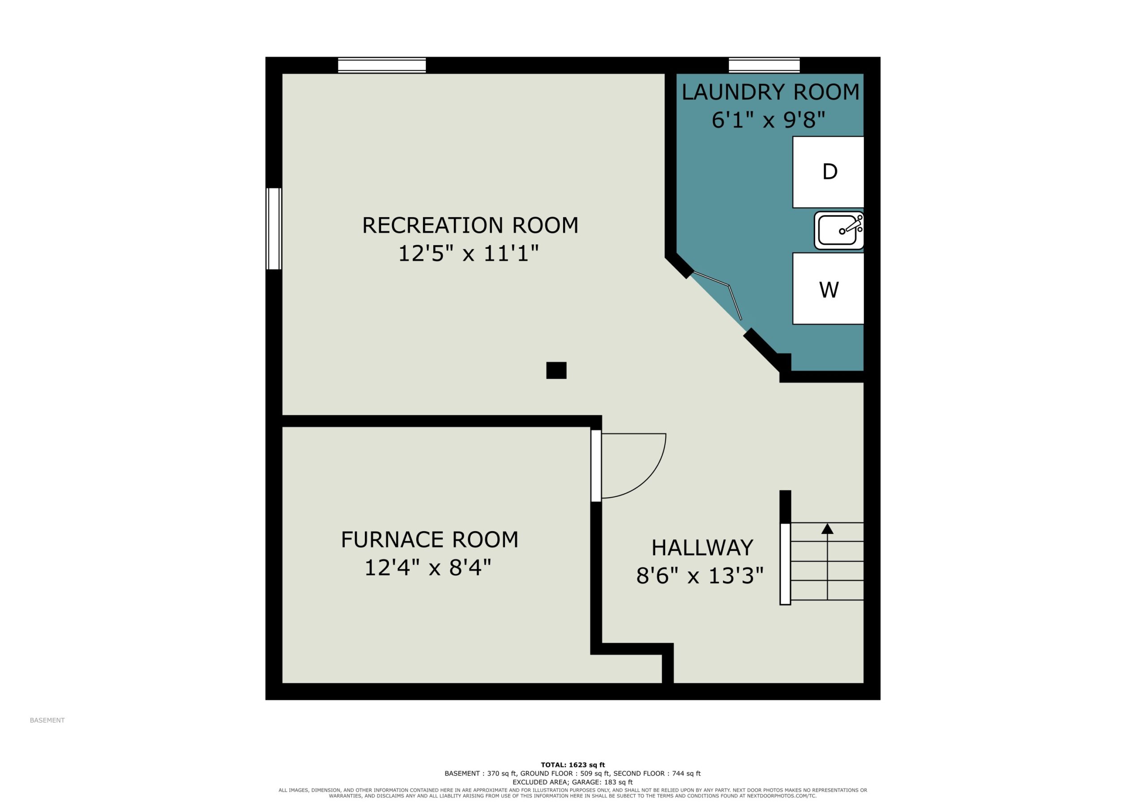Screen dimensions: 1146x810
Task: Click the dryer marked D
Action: point(828,172)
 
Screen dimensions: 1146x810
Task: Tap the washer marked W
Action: point(828,289)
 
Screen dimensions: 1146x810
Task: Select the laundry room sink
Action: point(839,230)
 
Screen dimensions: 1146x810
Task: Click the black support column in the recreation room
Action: point(556,370)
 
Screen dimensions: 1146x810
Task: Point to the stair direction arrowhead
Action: point(828,529)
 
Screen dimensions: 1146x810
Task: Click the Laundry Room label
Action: point(770,92)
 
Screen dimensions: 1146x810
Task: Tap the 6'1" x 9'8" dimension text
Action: point(768,120)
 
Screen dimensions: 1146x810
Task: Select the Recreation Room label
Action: point(470,226)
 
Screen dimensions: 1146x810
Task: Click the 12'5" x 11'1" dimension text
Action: point(468,254)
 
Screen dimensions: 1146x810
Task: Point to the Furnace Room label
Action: point(429,540)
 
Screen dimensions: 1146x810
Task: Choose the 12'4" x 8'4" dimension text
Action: point(428,568)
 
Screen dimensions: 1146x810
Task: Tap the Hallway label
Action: point(702,548)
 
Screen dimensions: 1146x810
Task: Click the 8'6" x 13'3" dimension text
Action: point(700,576)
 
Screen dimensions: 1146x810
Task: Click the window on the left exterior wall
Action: point(274,229)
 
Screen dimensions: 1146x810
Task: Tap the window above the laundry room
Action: point(764,65)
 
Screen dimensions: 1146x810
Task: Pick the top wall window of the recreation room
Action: point(382,65)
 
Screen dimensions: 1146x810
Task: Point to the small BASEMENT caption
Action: point(47,720)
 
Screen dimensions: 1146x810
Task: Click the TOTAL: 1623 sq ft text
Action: point(573,765)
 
